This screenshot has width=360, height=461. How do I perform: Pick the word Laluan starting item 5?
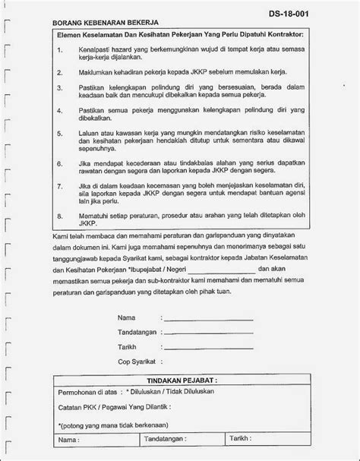[90, 131]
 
